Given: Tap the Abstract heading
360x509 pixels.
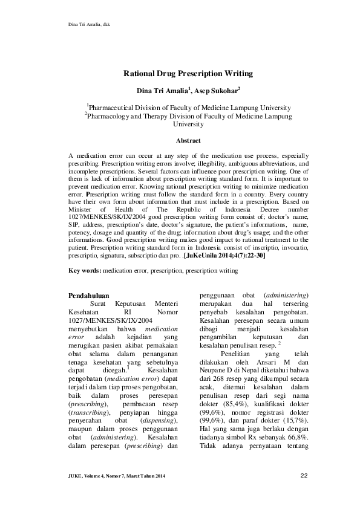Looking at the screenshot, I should click(180, 140).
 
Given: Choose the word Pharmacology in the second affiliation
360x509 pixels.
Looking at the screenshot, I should click(114, 115).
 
